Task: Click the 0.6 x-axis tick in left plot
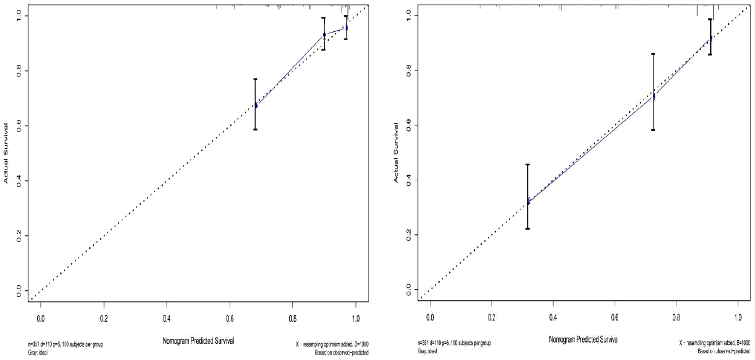coord(230,319)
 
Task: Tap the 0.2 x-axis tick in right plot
coord(491,317)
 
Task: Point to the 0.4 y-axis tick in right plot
coord(408,180)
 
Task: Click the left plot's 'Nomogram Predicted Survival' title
coord(198,341)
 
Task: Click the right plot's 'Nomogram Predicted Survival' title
coord(583,340)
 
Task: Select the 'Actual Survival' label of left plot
coord(6,153)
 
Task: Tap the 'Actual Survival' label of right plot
coord(396,153)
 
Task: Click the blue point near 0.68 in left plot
coord(256,106)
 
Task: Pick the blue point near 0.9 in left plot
coord(324,35)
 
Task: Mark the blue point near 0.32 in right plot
coord(528,202)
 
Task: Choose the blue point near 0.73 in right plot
coord(654,96)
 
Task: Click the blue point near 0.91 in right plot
coord(710,38)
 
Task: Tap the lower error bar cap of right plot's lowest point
coord(528,229)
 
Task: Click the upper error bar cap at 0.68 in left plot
coord(255,79)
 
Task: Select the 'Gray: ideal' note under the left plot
coord(38,353)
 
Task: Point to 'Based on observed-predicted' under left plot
coord(341,353)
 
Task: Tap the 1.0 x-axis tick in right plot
coord(738,317)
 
